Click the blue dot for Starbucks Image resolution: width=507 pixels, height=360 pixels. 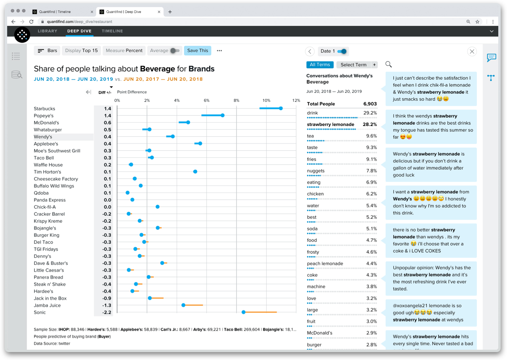[x=280, y=108]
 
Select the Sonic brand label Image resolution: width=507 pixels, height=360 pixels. [x=40, y=312]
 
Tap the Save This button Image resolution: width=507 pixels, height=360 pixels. [x=197, y=51]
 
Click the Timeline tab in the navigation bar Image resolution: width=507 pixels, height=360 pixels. [x=112, y=31]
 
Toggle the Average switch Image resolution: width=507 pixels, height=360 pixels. [x=175, y=51]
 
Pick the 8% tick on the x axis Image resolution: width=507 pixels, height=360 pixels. [x=236, y=100]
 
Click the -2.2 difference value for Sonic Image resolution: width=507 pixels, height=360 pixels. [x=107, y=312]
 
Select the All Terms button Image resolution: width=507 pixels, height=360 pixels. [x=320, y=65]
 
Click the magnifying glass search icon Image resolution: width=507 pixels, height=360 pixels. [x=389, y=64]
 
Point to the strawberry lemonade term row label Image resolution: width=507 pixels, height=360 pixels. [x=330, y=124]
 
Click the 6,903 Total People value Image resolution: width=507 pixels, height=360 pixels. [x=370, y=104]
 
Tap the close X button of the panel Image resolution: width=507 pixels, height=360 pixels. [x=472, y=51]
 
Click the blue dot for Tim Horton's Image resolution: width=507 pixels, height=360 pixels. [x=195, y=172]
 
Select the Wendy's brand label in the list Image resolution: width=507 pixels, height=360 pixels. [x=43, y=137]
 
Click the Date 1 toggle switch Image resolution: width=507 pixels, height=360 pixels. [x=343, y=51]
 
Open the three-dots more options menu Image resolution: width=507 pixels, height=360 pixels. [x=219, y=51]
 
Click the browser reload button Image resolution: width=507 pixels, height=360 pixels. [x=31, y=22]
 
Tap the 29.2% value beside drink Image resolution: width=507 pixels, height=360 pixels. [x=370, y=113]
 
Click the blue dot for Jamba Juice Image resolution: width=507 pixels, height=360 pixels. [x=183, y=305]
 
